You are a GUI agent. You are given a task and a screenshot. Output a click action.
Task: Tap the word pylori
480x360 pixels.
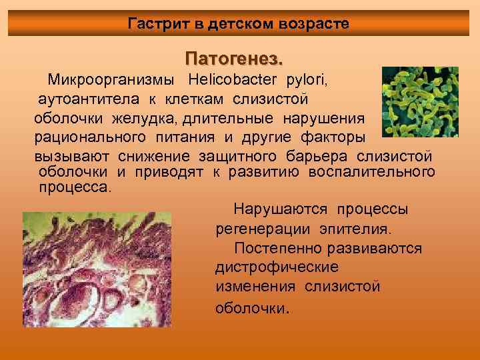(x=307, y=81)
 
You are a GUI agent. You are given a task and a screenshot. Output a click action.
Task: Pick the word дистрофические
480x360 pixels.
(x=277, y=267)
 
